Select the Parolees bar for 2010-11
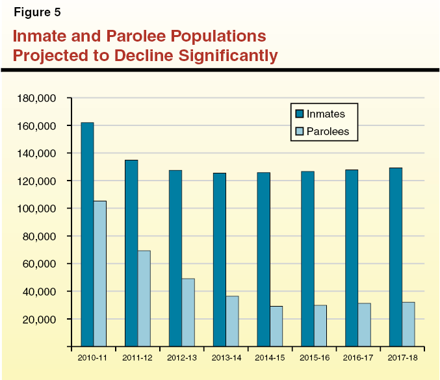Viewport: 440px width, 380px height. tap(100, 273)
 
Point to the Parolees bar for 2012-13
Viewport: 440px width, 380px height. tap(188, 312)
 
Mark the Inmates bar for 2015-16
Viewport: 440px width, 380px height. tap(307, 259)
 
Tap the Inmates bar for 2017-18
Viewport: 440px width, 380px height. tap(396, 257)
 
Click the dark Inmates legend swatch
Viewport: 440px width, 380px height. tap(299, 114)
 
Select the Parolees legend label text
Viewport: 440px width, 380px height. tap(328, 131)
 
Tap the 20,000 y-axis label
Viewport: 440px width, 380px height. tap(43, 319)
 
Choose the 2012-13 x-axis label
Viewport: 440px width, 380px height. tap(181, 357)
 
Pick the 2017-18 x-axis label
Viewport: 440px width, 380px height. tap(402, 357)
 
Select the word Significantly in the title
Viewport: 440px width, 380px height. tap(222, 55)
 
